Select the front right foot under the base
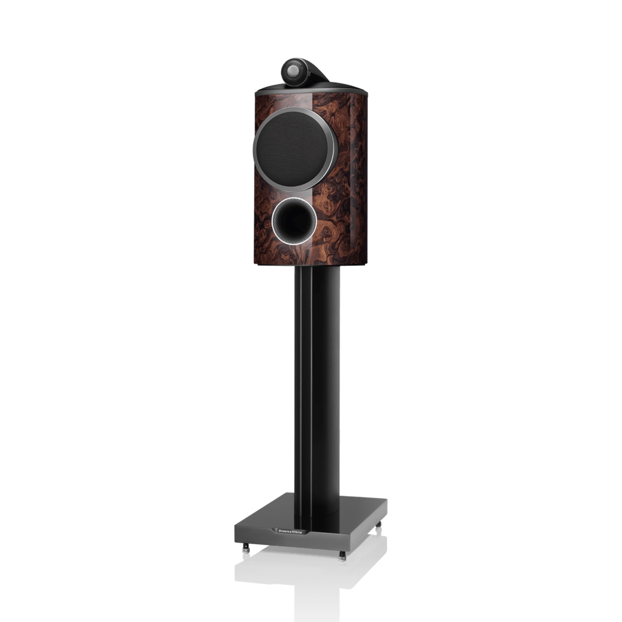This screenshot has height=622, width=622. [343, 555]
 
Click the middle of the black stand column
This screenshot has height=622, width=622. [322, 395]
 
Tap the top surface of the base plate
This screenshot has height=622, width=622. [358, 507]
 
